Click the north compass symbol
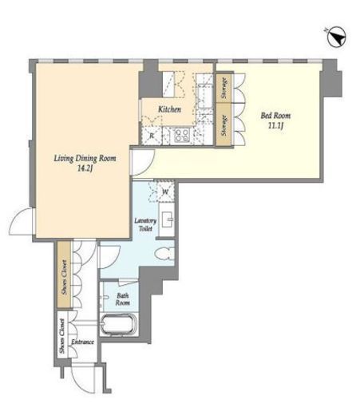click(336, 38)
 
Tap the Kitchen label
click(169, 109)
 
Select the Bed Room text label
click(275, 116)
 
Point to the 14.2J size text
click(85, 168)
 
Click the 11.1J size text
click(275, 125)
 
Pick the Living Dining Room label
click(85, 159)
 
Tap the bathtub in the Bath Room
click(119, 324)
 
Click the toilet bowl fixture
click(164, 253)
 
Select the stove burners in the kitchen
click(182, 135)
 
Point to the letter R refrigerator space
click(152, 136)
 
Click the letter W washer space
click(165, 192)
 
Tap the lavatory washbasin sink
click(167, 219)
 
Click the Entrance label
click(82, 342)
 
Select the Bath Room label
click(123, 299)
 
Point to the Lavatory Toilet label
click(145, 224)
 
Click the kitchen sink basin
click(205, 95)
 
